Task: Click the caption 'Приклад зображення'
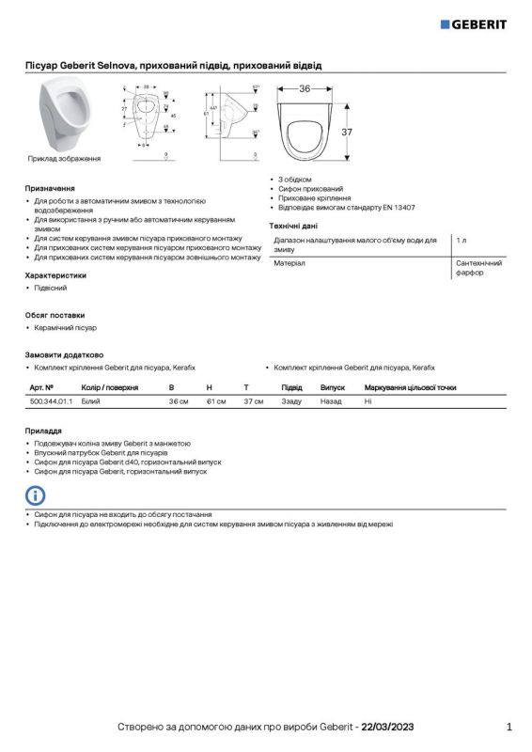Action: tap(64, 159)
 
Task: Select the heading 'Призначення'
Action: tap(49, 188)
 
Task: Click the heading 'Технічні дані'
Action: tap(293, 227)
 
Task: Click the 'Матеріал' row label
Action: tap(289, 264)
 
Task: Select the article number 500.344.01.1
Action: tap(51, 401)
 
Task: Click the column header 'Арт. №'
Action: tap(41, 387)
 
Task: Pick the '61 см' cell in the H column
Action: tap(216, 401)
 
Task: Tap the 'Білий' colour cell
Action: tap(91, 401)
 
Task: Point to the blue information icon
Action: tap(35, 495)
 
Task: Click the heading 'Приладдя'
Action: tap(43, 430)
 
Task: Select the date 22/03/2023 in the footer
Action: tap(387, 728)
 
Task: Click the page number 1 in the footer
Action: tap(509, 727)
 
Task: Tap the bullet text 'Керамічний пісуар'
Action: tap(65, 328)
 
